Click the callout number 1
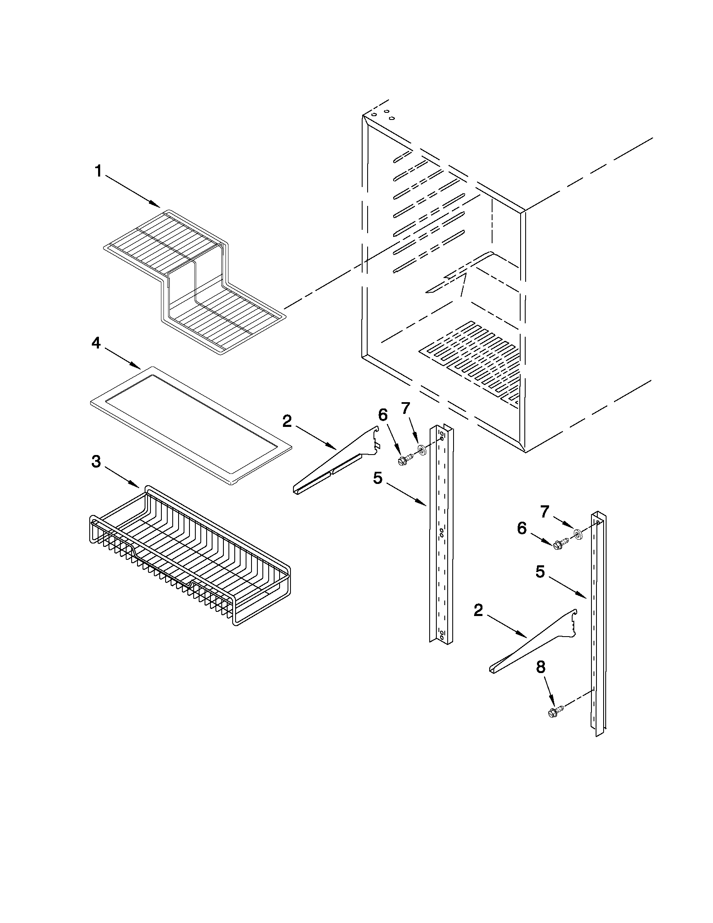click(98, 172)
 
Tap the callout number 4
click(96, 343)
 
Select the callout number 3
click(96, 463)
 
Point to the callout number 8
click(540, 667)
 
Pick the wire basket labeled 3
click(190, 558)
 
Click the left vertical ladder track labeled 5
click(441, 537)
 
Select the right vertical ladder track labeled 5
click(598, 621)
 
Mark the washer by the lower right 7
click(578, 536)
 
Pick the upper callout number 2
click(287, 421)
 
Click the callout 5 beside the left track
click(378, 478)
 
